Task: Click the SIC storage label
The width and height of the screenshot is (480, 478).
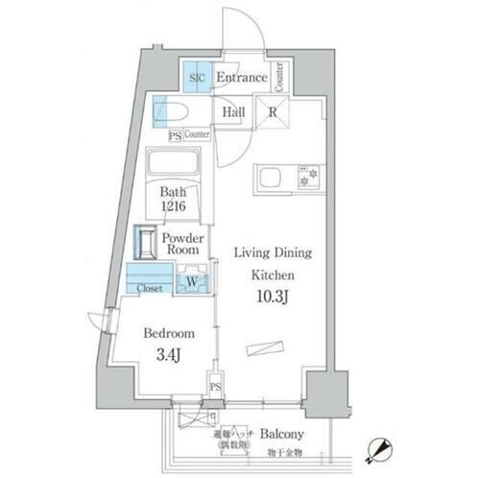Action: click(x=197, y=77)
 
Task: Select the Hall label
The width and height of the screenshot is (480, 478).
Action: click(x=232, y=112)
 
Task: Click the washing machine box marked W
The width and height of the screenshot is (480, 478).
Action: click(x=192, y=281)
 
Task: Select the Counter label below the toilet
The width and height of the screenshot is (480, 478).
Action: click(x=197, y=135)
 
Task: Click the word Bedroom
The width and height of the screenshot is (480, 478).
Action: click(x=168, y=333)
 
